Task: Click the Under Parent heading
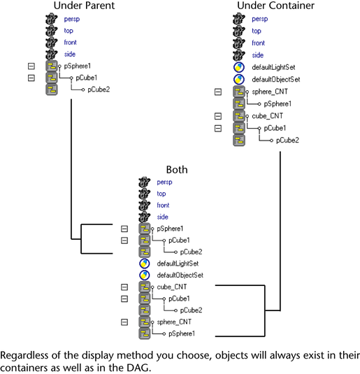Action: pos(84,6)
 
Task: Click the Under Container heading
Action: pos(276,6)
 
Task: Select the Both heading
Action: pos(177,170)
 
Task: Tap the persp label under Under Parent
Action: pos(72,19)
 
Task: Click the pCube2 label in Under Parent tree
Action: pos(99,89)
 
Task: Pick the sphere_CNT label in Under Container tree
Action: pos(270,92)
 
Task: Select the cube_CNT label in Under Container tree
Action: pos(268,116)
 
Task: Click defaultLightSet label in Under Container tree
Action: pos(273,67)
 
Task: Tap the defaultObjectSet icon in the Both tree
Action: pos(145,275)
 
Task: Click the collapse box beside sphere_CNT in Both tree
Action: pos(124,322)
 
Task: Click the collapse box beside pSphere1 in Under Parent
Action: pos(31,66)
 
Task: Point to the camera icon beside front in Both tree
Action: pos(144,206)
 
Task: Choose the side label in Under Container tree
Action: pos(258,55)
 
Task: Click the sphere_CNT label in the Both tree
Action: pos(174,322)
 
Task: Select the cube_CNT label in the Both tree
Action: pos(172,287)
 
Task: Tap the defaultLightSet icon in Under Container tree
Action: pos(239,67)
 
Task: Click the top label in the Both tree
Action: pos(161,194)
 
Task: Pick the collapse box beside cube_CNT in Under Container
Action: pos(218,116)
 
